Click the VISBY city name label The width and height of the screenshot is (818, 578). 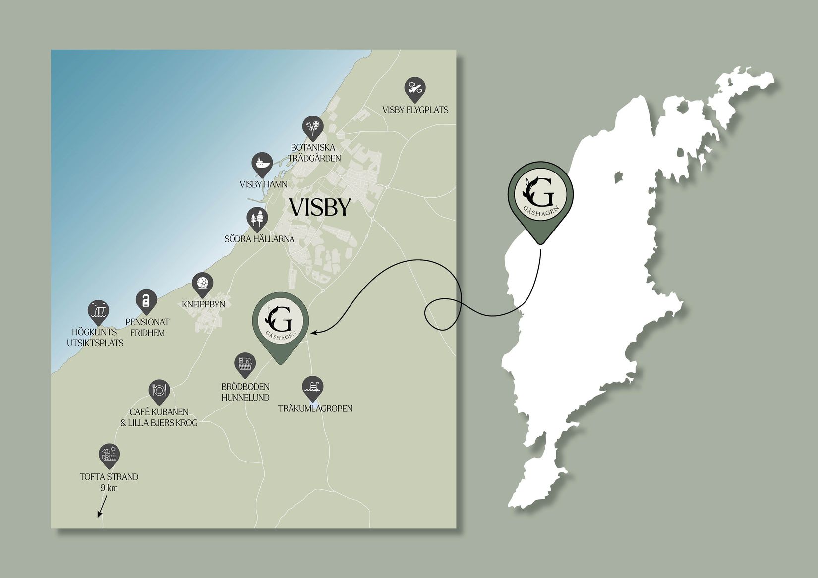tap(320, 207)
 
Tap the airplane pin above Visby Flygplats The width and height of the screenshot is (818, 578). tap(415, 88)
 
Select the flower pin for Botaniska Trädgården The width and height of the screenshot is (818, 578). tap(313, 127)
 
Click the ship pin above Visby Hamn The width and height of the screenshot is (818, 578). tap(262, 164)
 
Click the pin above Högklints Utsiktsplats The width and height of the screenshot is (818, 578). tap(98, 311)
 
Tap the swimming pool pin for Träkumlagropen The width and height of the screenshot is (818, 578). tap(313, 387)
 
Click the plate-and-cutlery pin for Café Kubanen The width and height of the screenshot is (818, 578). tap(159, 391)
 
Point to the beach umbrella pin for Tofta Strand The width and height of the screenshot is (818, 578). tap(109, 455)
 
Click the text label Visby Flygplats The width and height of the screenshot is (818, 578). tap(415, 110)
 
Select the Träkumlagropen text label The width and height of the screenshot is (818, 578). tap(315, 408)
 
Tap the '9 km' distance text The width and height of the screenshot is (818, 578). tap(109, 488)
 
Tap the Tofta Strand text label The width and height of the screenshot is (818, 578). tap(109, 477)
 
